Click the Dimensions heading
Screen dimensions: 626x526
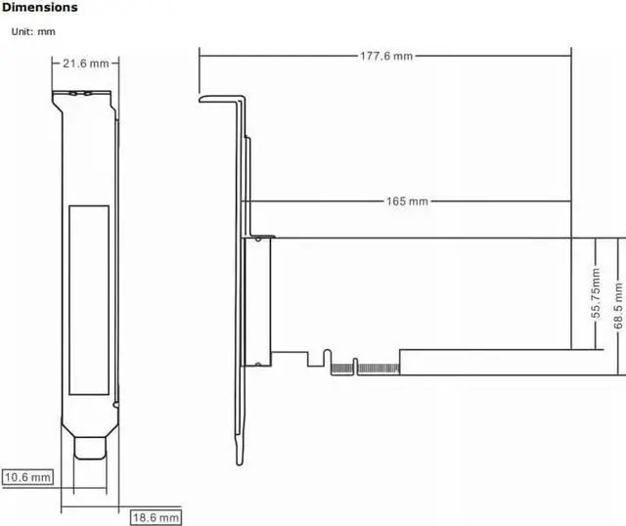[39, 7]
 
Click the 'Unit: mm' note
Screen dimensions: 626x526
[33, 31]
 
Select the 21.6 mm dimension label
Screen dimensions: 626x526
[86, 64]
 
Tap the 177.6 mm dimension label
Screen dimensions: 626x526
[386, 56]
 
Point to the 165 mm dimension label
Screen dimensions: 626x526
[407, 201]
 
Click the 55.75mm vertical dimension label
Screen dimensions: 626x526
[596, 293]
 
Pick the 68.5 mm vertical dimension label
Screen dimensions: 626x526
[618, 306]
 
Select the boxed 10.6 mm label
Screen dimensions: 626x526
[27, 477]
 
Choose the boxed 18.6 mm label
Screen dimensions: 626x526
[156, 517]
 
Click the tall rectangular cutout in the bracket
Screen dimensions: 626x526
[89, 300]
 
